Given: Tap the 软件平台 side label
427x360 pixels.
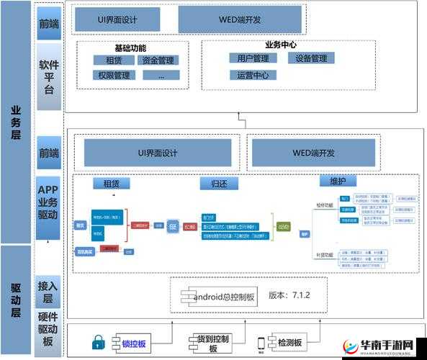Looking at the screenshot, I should point(49,77).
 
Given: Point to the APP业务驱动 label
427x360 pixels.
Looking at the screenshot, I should point(49,203).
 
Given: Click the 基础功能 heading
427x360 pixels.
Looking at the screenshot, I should point(130,48).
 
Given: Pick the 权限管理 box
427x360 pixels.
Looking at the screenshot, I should point(114,75).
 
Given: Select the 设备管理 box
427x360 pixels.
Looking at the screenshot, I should point(311,58).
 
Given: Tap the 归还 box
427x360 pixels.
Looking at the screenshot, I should point(210,184).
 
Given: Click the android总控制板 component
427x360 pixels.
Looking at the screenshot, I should point(217,296).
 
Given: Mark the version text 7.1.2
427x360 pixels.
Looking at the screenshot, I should point(289,295).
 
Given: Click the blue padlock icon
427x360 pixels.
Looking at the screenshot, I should point(99,343).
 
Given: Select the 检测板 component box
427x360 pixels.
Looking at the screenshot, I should point(285,343).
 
